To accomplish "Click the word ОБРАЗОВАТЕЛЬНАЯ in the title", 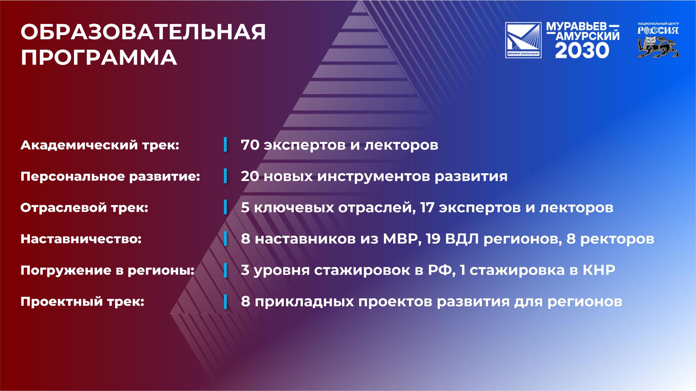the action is point(143,32).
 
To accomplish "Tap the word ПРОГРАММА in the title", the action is point(99,57).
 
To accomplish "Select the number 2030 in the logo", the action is point(582,51).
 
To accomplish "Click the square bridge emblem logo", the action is point(523,40).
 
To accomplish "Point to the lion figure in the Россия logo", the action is point(658,47).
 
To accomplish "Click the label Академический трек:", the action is point(100,145).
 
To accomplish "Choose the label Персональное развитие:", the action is point(110,177).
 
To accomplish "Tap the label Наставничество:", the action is point(81,239).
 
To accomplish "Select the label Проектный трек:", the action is point(82,302).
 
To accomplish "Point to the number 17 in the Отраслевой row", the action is point(427,207).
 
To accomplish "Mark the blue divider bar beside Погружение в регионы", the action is point(225,270).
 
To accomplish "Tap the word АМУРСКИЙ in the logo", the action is point(588,36).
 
